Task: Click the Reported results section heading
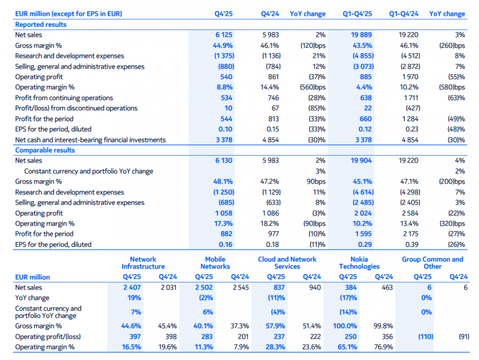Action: pyautogui.click(x=41, y=24)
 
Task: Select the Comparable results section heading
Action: pyautogui.click(x=45, y=151)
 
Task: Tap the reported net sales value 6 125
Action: pyautogui.click(x=224, y=35)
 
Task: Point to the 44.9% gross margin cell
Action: pyautogui.click(x=223, y=46)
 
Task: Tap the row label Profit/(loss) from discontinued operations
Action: pyautogui.click(x=76, y=108)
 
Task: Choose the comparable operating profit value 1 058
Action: pyautogui.click(x=224, y=213)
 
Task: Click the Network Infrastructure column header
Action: pyautogui.click(x=143, y=263)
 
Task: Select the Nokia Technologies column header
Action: pyautogui.click(x=359, y=263)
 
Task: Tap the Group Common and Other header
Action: pyautogui.click(x=433, y=263)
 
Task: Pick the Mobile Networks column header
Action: pyautogui.click(x=216, y=263)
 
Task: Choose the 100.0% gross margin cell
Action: pyautogui.click(x=348, y=326)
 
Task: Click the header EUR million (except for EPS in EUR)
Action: pyautogui.click(x=68, y=14)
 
